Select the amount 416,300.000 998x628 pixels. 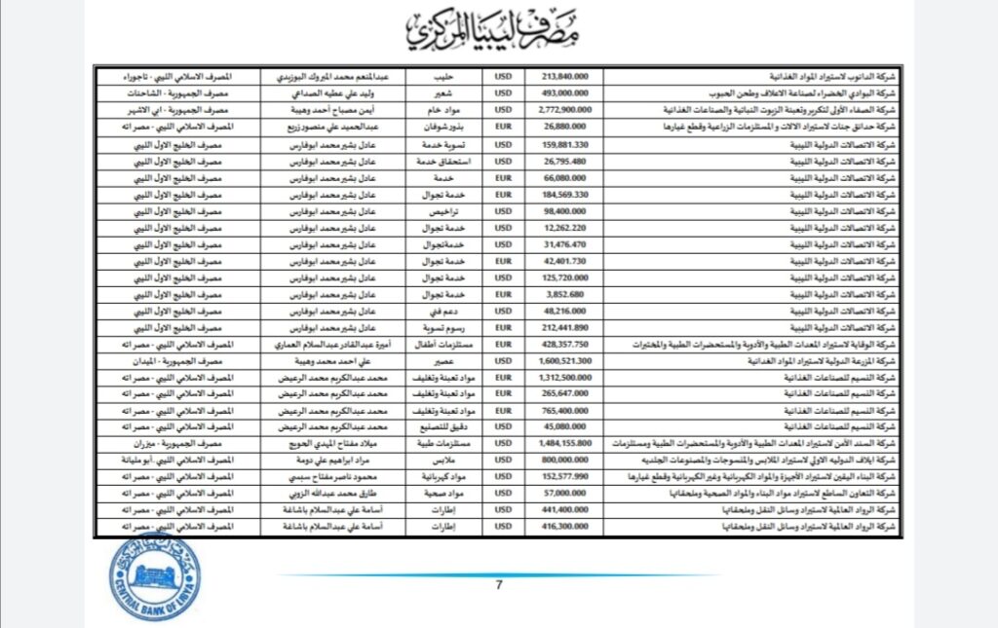(562, 527)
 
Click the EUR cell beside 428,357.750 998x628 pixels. (503, 345)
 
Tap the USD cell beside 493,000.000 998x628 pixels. (503, 93)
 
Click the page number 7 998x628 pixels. (498, 585)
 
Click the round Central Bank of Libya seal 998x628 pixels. (154, 577)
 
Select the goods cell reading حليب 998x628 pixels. (444, 74)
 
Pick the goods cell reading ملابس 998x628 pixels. (444, 459)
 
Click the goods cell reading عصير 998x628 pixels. (444, 359)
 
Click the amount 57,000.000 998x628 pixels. (563, 493)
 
